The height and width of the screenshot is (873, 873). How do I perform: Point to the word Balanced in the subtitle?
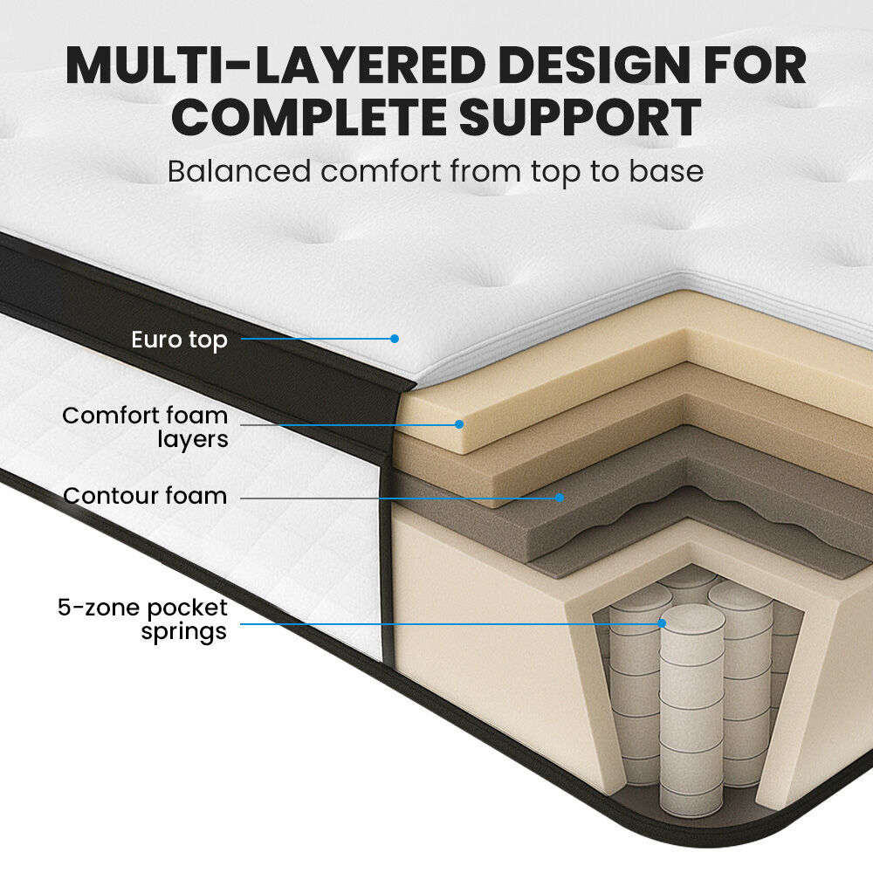[x=237, y=171]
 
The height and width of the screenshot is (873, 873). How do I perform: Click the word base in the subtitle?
[x=666, y=171]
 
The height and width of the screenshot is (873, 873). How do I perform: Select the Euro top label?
[x=179, y=340]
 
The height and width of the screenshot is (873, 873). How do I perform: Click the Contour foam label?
[x=145, y=497]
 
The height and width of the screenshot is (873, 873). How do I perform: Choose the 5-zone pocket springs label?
[x=143, y=619]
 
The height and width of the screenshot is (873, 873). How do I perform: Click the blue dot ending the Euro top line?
[x=395, y=338]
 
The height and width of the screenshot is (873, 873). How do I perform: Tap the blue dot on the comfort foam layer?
[x=458, y=424]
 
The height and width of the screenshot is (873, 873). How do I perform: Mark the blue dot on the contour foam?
[x=560, y=498]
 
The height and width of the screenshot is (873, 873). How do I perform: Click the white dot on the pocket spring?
[x=662, y=623]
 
